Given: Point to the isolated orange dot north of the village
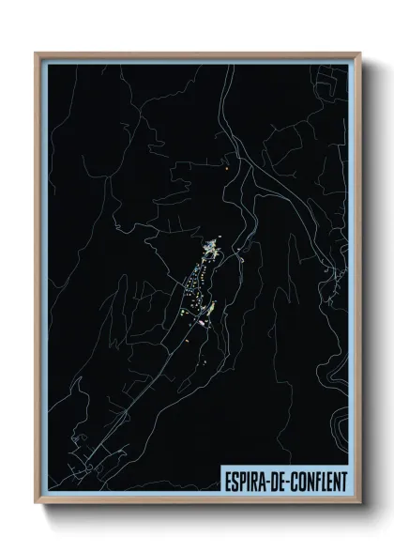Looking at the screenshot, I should [x=227, y=169].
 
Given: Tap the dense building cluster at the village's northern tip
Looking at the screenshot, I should [x=212, y=250].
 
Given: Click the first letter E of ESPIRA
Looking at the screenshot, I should [x=228, y=483].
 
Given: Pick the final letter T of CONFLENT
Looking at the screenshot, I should [x=342, y=483].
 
